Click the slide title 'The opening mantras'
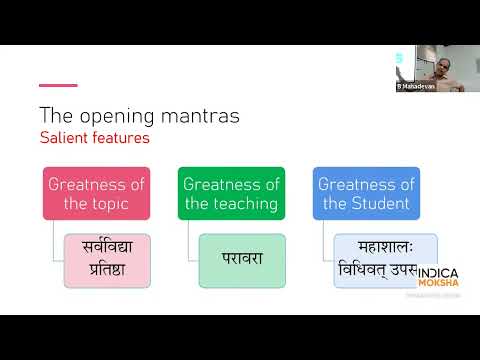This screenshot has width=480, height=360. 139,115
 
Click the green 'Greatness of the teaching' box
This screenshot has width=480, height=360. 232,193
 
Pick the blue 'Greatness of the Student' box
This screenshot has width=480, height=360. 366,193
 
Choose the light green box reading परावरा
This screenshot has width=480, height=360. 242,257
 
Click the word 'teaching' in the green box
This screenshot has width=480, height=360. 245,204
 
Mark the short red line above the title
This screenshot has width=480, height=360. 58,85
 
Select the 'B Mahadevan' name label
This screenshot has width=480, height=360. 416,87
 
